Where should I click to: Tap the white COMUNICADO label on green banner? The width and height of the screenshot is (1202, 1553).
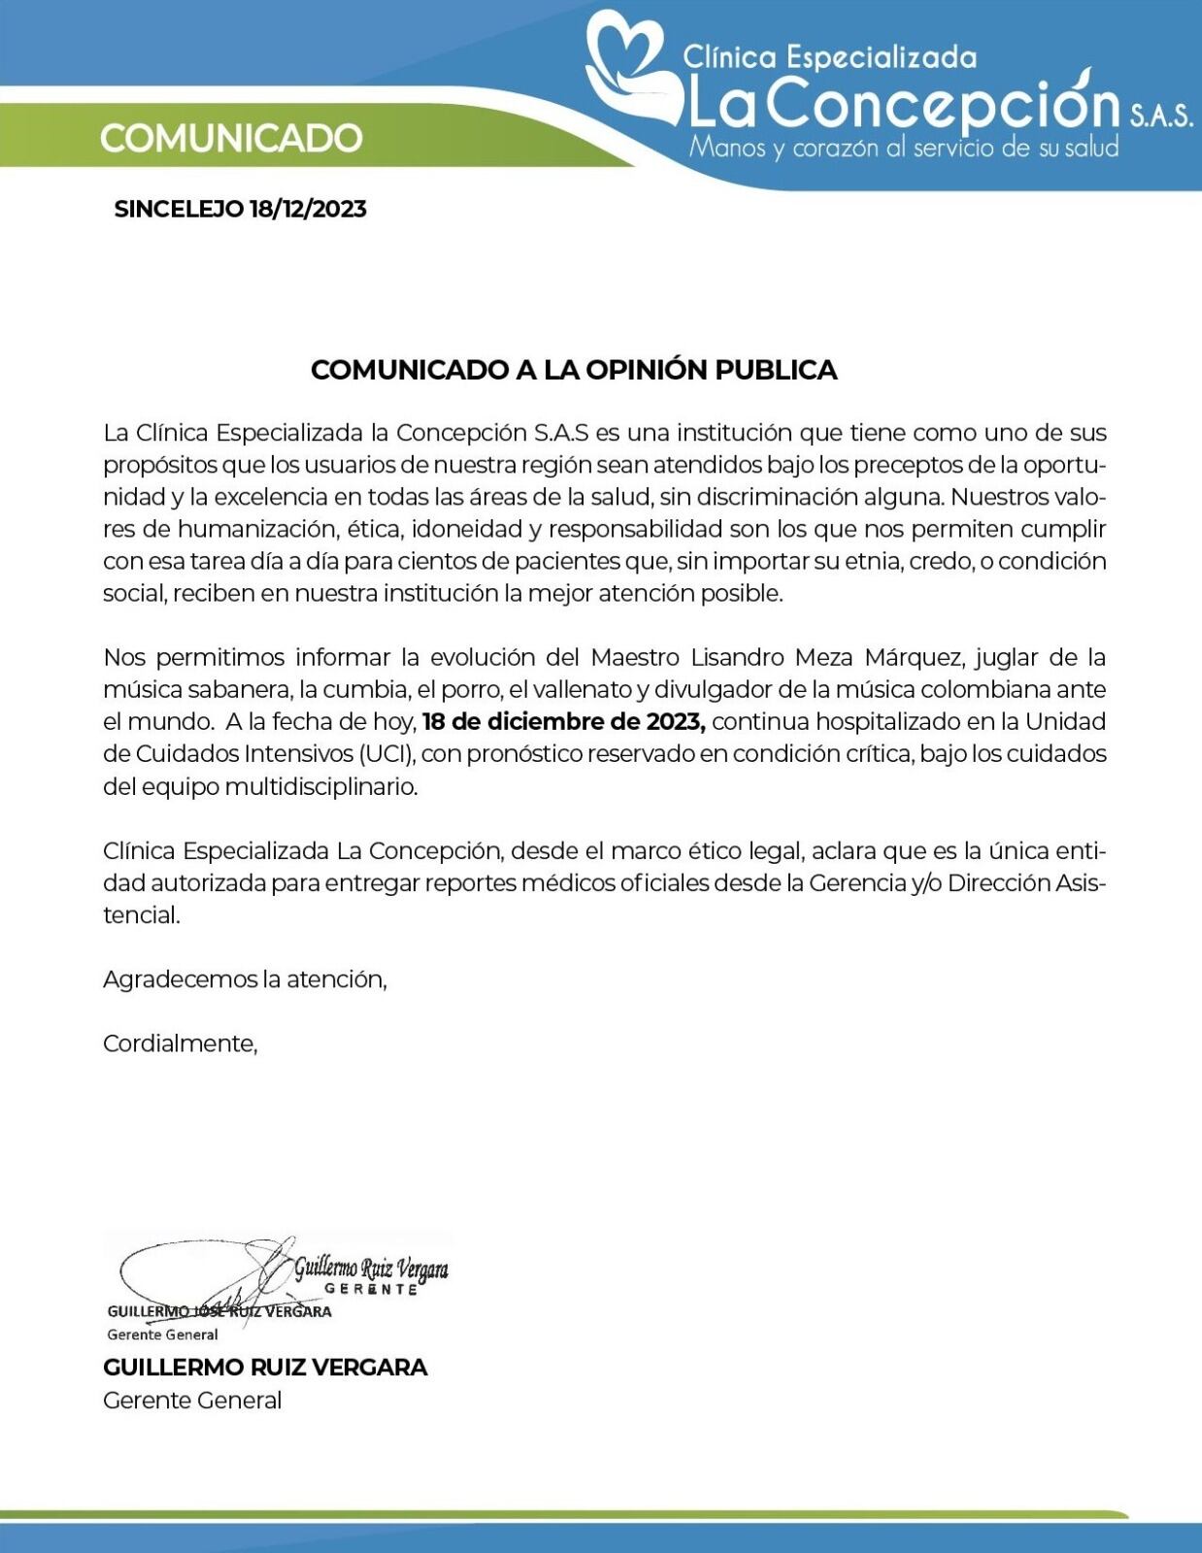(x=231, y=138)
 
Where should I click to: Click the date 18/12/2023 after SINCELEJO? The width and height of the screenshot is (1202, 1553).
(x=308, y=209)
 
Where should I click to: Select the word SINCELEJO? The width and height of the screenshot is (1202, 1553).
(x=179, y=209)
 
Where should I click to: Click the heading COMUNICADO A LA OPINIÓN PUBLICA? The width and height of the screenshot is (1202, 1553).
(x=574, y=370)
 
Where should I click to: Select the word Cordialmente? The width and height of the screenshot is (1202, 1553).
(x=180, y=1043)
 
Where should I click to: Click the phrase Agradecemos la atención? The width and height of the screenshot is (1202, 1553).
(x=245, y=979)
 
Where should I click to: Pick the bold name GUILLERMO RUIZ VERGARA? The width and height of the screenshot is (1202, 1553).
(x=265, y=1368)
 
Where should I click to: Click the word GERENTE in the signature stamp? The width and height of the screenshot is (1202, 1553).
(x=371, y=1289)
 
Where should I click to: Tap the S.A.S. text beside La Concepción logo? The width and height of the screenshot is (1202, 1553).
(x=1160, y=117)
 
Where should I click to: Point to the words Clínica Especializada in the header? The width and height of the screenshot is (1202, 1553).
(x=830, y=57)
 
